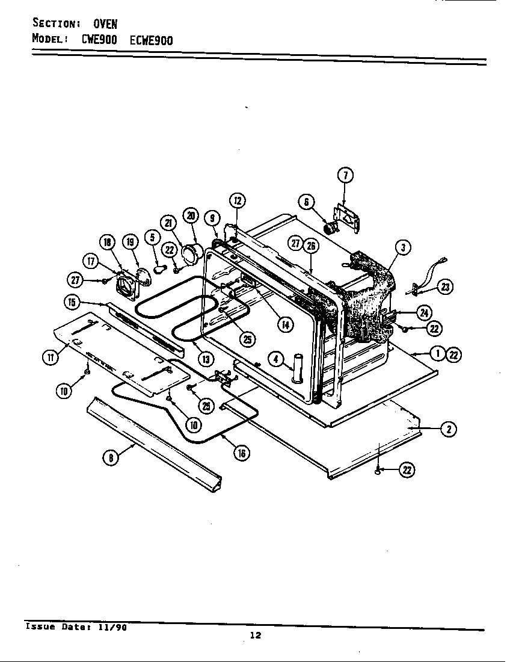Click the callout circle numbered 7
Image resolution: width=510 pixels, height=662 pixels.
[345, 175]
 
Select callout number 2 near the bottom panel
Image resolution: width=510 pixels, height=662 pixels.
[447, 428]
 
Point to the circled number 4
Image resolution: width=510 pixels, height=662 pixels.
[275, 359]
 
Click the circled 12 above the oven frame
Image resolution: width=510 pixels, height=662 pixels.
[237, 201]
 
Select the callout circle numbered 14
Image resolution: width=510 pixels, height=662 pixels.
[284, 324]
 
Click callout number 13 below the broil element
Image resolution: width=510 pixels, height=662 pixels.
[205, 359]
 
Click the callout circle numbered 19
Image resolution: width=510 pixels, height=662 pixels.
[129, 243]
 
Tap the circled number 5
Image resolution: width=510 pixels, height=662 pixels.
[153, 237]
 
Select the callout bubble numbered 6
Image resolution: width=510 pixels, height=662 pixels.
[306, 202]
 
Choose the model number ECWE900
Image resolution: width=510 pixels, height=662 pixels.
[151, 40]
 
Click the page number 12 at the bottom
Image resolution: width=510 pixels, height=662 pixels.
[255, 636]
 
